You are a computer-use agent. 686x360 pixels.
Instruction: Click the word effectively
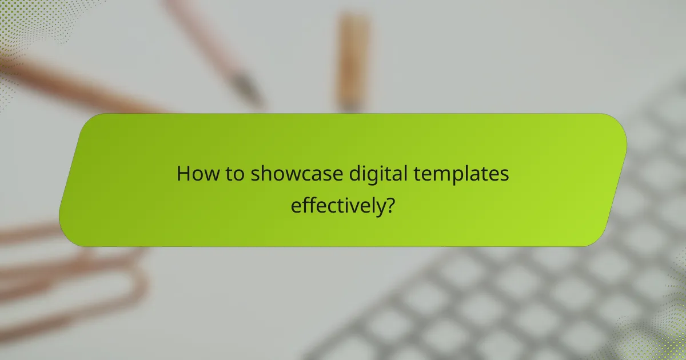point(337,205)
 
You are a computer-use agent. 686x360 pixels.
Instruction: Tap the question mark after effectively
point(389,205)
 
